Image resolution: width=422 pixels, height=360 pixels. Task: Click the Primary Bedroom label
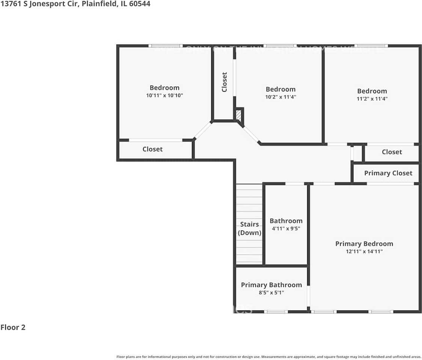[x=364, y=244]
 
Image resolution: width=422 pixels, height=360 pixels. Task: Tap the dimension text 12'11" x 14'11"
[x=364, y=252]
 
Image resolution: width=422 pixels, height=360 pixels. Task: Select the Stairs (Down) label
[x=250, y=228]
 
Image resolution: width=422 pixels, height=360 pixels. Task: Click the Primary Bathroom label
[x=271, y=285]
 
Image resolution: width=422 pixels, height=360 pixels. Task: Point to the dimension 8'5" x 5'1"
[x=271, y=293]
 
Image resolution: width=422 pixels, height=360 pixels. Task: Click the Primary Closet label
[x=388, y=173]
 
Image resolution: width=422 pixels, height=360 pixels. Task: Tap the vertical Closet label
[x=225, y=82]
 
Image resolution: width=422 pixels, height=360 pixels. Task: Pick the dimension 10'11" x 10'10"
[x=164, y=96]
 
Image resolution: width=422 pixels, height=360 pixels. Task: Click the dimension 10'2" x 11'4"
[x=280, y=97]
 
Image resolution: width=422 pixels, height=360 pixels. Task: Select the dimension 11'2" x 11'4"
[x=372, y=99]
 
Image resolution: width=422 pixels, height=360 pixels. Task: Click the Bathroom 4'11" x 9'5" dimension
[x=286, y=228]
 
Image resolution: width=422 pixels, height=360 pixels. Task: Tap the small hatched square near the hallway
[x=239, y=114]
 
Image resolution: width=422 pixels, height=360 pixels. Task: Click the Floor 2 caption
[x=13, y=327]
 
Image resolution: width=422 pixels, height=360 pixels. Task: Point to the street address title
[x=75, y=4]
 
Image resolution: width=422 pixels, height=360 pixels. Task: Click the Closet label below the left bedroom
[x=152, y=149]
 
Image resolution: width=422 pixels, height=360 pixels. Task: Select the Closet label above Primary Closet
[x=392, y=152]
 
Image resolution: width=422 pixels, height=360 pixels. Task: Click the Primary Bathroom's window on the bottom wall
[x=276, y=312]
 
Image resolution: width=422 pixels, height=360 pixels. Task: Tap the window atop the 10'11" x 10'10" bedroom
[x=166, y=46]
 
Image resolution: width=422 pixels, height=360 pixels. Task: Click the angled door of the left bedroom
[x=203, y=130]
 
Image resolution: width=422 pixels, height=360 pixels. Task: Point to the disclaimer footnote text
[x=268, y=357]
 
